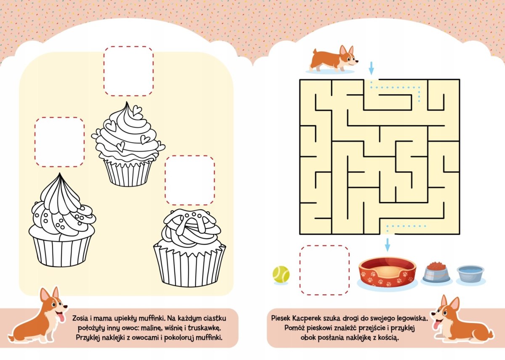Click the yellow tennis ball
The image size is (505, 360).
pos(281,274)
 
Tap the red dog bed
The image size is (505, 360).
pos(387,272)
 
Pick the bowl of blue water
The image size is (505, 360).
pos(470,274)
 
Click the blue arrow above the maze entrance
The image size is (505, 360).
pos(371,68)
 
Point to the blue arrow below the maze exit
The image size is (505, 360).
pos(387,245)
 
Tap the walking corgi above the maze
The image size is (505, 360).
pos(334,59)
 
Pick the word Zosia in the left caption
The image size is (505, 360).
pos(80,318)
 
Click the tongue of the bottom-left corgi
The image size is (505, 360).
pos(61,318)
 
